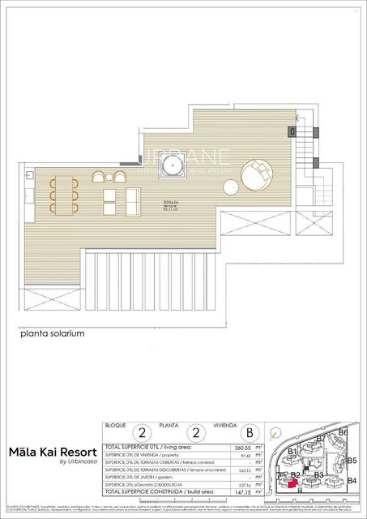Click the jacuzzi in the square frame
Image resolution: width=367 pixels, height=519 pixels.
coord(169,168)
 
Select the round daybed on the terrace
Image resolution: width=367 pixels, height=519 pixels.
coord(257,174)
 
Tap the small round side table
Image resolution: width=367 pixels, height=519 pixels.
coord(231,186)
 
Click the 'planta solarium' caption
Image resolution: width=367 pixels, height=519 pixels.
coord(53,332)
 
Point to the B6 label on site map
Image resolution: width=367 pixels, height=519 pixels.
coord(343,432)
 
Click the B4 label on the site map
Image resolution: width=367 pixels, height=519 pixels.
coord(352,480)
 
